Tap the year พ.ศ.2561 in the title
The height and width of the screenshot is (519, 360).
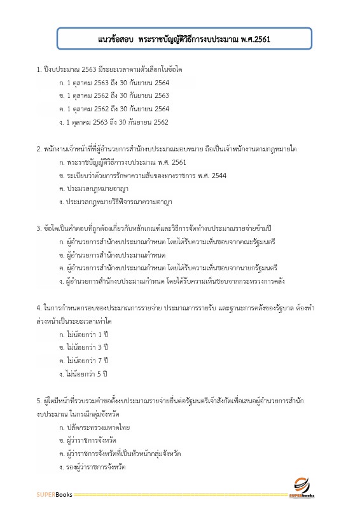[x=253, y=39]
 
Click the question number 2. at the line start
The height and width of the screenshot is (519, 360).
[x=39, y=148]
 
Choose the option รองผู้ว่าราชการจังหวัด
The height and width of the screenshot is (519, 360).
[x=96, y=468]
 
